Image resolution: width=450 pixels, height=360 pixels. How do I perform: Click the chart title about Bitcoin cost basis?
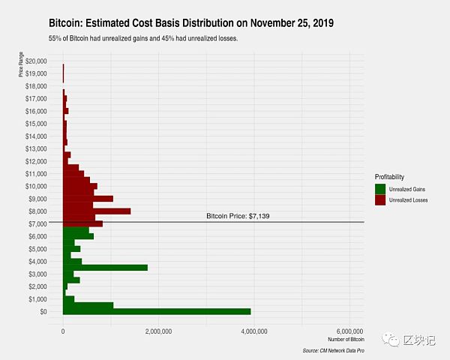(x=190, y=23)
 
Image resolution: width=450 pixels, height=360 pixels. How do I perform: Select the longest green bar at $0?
(x=157, y=311)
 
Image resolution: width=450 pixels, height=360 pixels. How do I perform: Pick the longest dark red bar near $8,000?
(x=97, y=211)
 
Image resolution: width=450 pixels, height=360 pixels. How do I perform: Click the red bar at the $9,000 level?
(x=88, y=199)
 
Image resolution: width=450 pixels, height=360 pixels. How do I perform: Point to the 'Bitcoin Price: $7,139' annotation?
(x=237, y=216)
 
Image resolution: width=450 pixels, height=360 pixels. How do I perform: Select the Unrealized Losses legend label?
(x=409, y=200)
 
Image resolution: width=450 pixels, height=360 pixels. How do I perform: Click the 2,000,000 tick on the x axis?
(x=159, y=330)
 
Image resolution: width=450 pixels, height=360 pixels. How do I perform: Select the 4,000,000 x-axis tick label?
(x=254, y=330)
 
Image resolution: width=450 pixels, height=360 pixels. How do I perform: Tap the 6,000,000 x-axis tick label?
(x=349, y=330)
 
